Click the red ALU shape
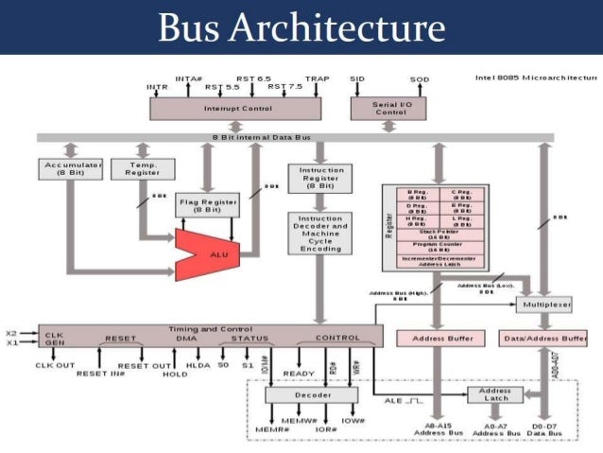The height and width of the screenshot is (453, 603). (210, 253)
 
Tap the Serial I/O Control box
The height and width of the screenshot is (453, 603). (378, 109)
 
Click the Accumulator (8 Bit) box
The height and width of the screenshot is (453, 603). (73, 168)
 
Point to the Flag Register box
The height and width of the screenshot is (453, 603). (207, 206)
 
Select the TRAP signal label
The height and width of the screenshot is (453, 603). (317, 78)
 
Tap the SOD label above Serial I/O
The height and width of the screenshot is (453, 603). (420, 79)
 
